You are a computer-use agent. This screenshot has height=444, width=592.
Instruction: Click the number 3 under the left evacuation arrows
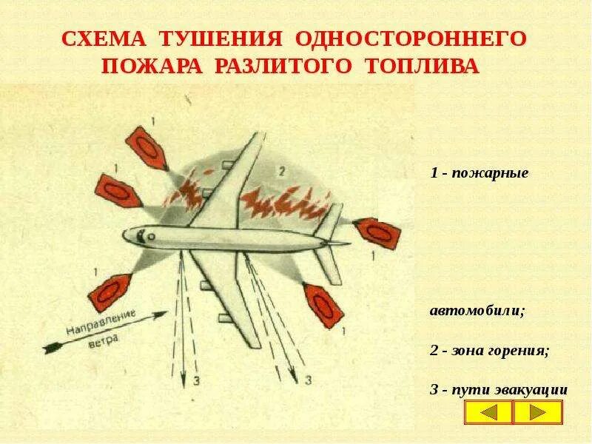[x=196, y=382]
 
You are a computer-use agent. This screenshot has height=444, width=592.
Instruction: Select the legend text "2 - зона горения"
[x=489, y=351]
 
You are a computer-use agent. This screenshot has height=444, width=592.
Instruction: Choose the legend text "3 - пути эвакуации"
[x=499, y=388]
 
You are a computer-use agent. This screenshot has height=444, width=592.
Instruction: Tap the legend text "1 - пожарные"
[x=479, y=174]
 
